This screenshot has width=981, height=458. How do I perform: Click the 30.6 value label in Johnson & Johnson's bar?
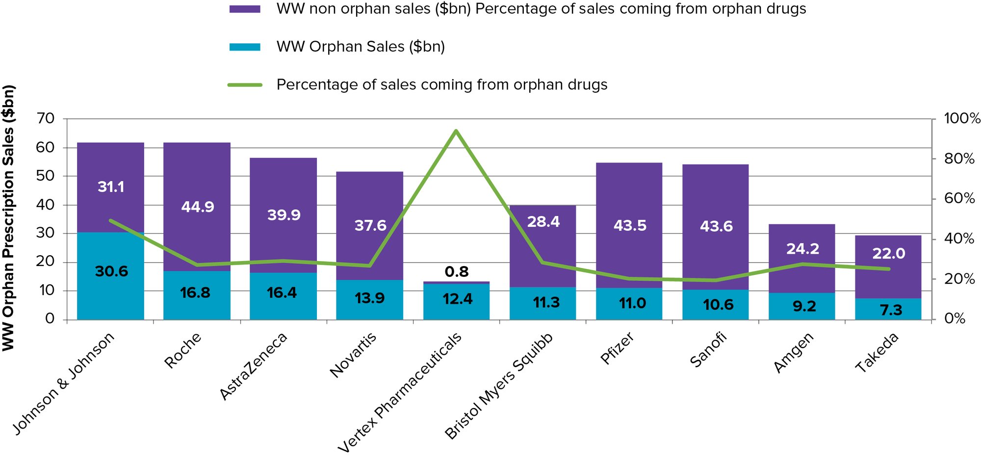point(111,271)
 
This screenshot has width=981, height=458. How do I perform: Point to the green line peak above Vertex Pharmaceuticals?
point(456,131)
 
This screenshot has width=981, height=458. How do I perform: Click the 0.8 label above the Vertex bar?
point(457,271)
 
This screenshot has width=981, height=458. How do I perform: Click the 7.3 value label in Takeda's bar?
point(891,310)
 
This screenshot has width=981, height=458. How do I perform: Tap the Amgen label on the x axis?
point(794,352)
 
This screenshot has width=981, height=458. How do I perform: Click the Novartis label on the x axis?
point(353,354)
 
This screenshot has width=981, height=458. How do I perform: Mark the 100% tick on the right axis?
point(962,119)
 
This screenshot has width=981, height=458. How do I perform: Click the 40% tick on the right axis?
point(959,239)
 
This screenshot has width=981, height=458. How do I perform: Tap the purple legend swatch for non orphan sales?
point(245,9)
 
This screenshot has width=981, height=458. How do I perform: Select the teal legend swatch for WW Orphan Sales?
point(245,47)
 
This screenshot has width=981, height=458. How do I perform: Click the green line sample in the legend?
point(245,85)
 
